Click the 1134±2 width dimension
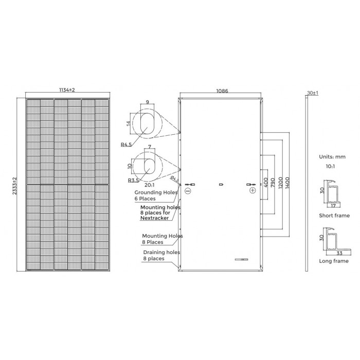pos(67,90)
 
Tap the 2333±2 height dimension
pos(15,186)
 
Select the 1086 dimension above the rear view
pos(222,91)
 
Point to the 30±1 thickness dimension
pos(313,93)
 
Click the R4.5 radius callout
pos(127,145)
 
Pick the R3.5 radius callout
pos(133,181)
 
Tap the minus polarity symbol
pos(188,191)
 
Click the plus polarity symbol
pos(253,190)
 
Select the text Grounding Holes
pos(156,192)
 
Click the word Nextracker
pos(154,218)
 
